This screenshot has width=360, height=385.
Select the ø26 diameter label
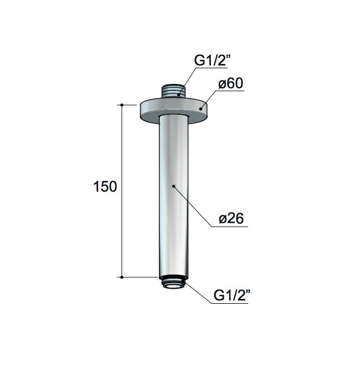(x=231, y=218)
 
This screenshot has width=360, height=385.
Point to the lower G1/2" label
(x=231, y=296)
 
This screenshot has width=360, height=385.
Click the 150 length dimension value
(x=105, y=187)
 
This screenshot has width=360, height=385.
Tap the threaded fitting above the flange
(x=173, y=91)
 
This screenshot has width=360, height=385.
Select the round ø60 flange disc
(x=173, y=108)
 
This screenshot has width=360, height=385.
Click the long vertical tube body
(x=173, y=195)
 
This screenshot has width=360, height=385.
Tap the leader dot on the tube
(x=173, y=186)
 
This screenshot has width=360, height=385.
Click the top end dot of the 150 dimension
(x=122, y=104)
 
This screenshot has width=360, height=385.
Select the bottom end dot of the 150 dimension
(x=122, y=277)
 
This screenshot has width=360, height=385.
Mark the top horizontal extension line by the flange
(x=130, y=104)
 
